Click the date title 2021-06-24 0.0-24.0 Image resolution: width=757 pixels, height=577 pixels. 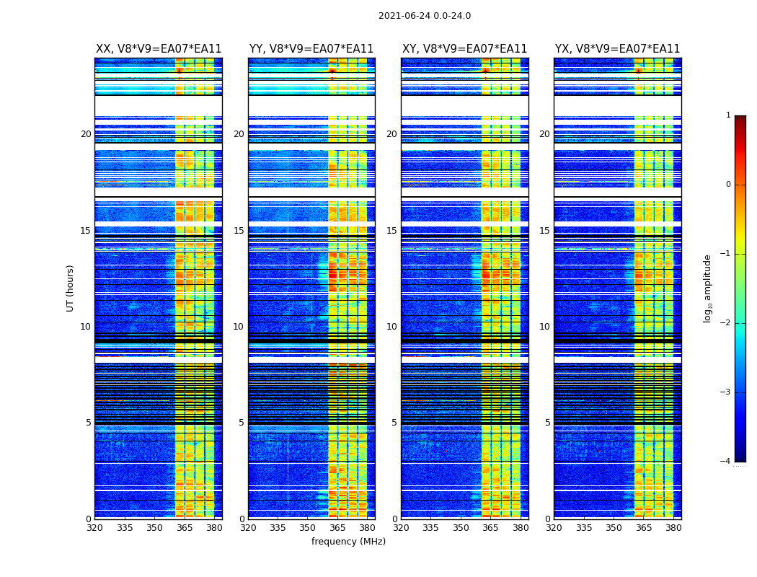pos(425,16)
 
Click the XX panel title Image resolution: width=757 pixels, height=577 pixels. pos(159,49)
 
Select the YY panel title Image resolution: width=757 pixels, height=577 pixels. pos(311,49)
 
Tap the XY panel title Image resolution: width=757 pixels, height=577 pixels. pos(464,49)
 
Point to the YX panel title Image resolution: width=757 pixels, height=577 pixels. pos(617,49)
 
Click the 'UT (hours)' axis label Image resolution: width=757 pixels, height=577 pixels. pos(71,288)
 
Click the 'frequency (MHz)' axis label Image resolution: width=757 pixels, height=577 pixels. pos(348,542)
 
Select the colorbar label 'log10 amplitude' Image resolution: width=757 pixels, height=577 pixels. pos(707,288)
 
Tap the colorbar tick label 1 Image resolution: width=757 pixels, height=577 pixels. pos(728,115)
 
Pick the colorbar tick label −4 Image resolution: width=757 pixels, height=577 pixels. pos(726,462)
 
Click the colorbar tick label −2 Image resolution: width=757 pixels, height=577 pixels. pos(726,323)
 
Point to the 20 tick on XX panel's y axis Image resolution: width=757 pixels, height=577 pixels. pos(86,134)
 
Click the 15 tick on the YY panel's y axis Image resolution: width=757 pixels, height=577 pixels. pos(239,231)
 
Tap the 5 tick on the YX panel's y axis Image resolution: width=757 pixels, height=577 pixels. pos(547,423)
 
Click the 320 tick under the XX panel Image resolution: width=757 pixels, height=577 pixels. pos(94,528)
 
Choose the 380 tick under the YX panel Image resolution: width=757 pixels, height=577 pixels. pos(673,528)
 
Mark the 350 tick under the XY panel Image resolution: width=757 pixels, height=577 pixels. pos(461,528)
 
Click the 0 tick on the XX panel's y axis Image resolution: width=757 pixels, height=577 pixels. pos(89,519)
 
